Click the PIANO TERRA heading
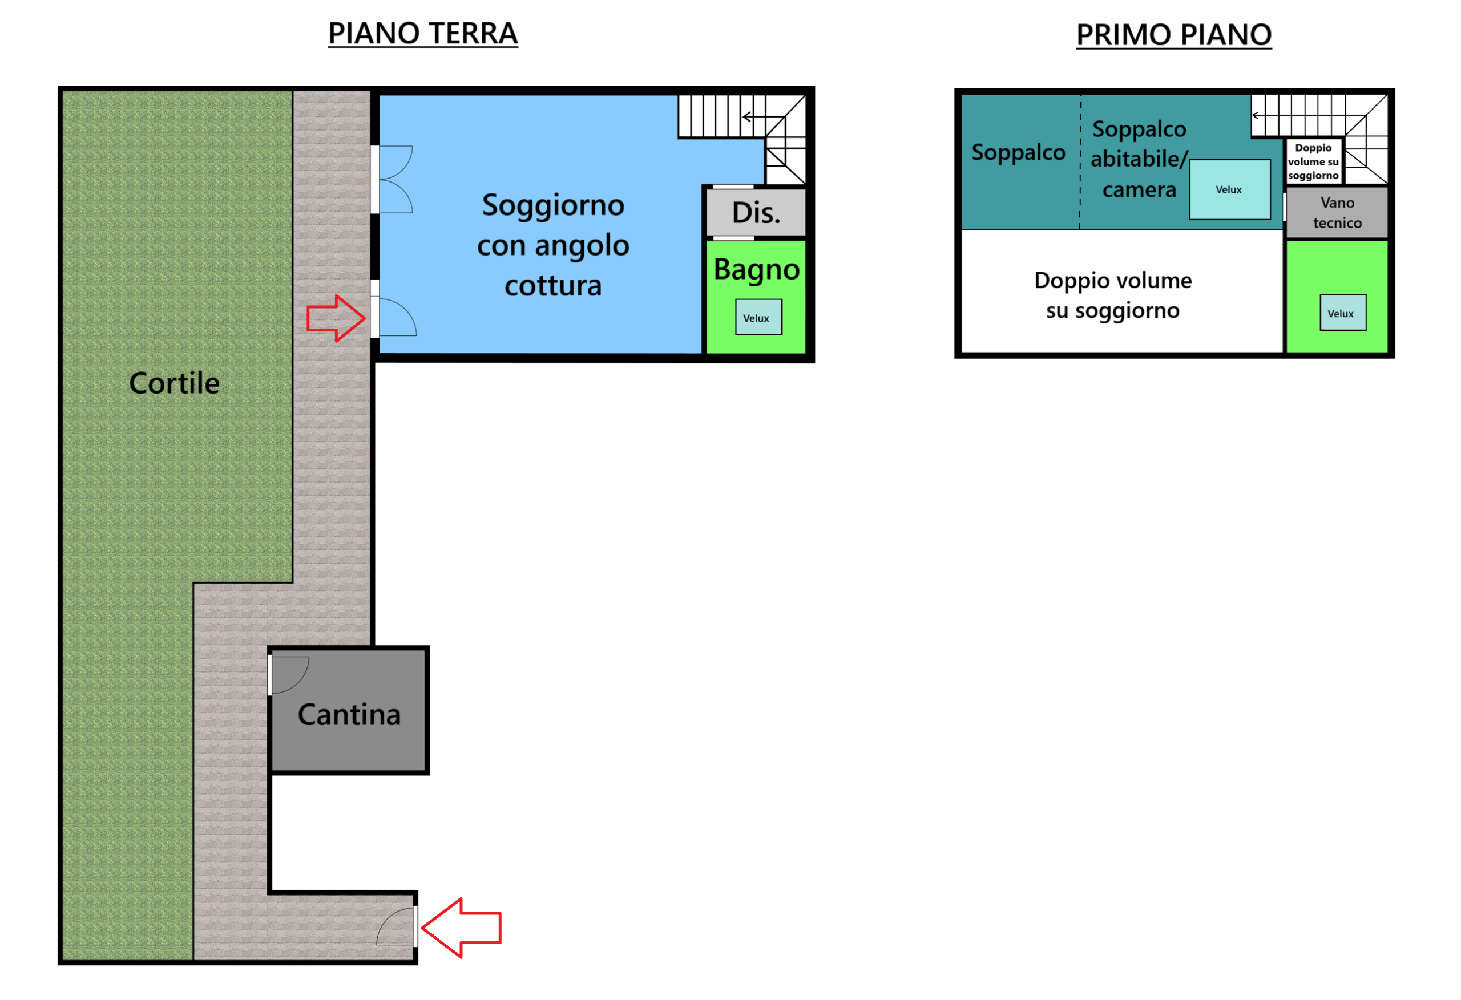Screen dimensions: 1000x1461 pyautogui.click(x=422, y=33)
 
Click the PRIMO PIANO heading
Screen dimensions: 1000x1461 pyautogui.click(x=1173, y=35)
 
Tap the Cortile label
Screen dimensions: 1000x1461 pyautogui.click(x=174, y=383)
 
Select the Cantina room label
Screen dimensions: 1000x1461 pyautogui.click(x=349, y=715)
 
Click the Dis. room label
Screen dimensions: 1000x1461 pyautogui.click(x=756, y=213)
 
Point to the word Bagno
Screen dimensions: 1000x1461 pyautogui.click(x=756, y=270)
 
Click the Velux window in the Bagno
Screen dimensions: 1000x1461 pyautogui.click(x=758, y=317)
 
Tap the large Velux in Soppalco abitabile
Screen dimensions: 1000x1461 pyautogui.click(x=1229, y=189)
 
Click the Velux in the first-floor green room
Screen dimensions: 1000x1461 pyautogui.click(x=1342, y=313)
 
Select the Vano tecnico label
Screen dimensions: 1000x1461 pyautogui.click(x=1337, y=212)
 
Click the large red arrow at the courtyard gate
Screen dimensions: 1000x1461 pyautogui.click(x=462, y=927)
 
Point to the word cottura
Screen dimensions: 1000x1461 pyautogui.click(x=552, y=286)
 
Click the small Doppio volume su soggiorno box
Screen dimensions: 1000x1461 pyautogui.click(x=1313, y=161)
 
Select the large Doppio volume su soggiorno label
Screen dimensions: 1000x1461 pyautogui.click(x=1112, y=295)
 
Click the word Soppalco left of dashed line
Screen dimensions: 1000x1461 pyautogui.click(x=1018, y=152)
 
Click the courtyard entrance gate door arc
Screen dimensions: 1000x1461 pyautogui.click(x=395, y=927)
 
